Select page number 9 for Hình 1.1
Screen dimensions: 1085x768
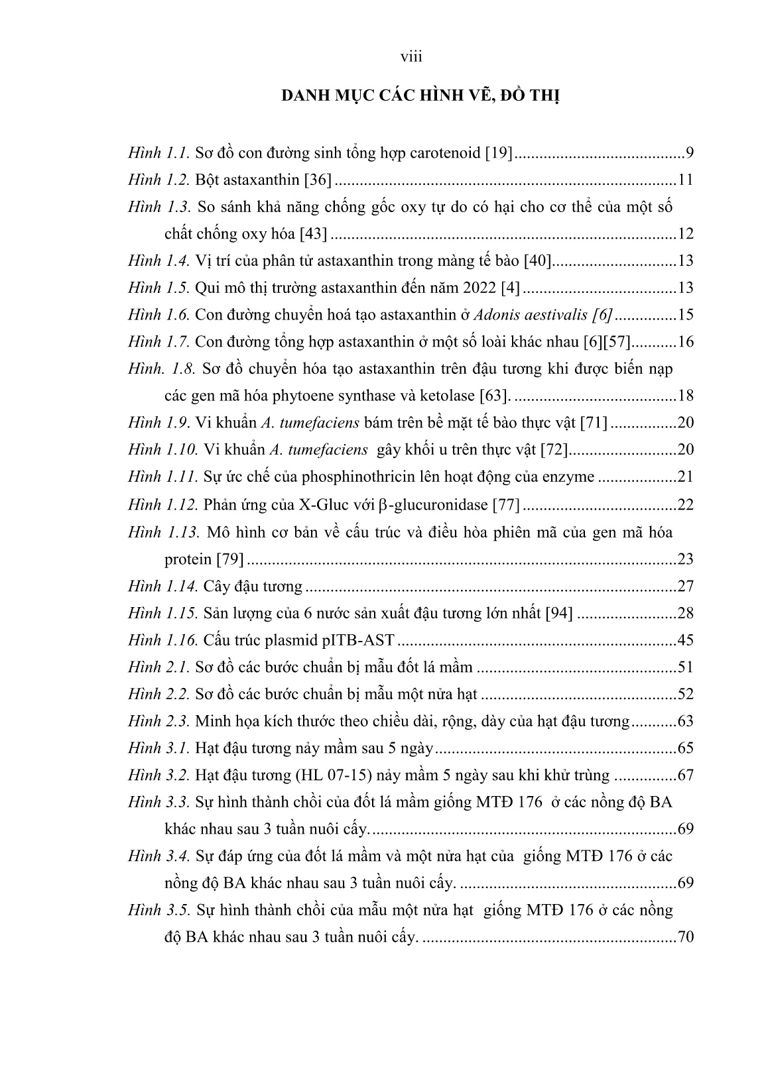689,154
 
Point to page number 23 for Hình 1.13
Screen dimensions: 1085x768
685,559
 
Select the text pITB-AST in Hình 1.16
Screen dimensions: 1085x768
363,640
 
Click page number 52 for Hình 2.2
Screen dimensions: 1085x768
685,694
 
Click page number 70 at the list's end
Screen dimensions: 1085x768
685,937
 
